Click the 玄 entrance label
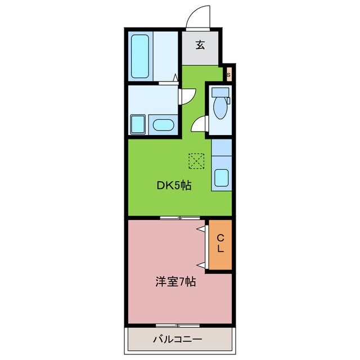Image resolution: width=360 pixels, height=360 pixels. [200, 46]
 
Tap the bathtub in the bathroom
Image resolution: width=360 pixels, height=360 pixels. [139, 56]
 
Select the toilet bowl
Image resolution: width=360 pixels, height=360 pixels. [219, 109]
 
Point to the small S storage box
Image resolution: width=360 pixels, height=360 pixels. [229, 74]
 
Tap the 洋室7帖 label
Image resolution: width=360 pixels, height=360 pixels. [175, 282]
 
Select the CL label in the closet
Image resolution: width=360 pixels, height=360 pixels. [220, 242]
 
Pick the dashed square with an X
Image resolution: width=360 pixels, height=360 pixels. [196, 161]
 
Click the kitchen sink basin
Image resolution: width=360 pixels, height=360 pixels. [222, 178]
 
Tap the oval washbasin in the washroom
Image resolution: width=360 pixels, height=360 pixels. [163, 125]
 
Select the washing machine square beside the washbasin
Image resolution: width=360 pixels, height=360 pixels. [138, 124]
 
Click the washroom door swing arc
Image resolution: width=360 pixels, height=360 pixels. [187, 96]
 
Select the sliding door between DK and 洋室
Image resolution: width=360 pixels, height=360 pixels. [179, 217]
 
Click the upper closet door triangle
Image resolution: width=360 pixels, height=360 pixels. [201, 229]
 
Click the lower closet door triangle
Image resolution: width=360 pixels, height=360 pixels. [201, 263]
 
